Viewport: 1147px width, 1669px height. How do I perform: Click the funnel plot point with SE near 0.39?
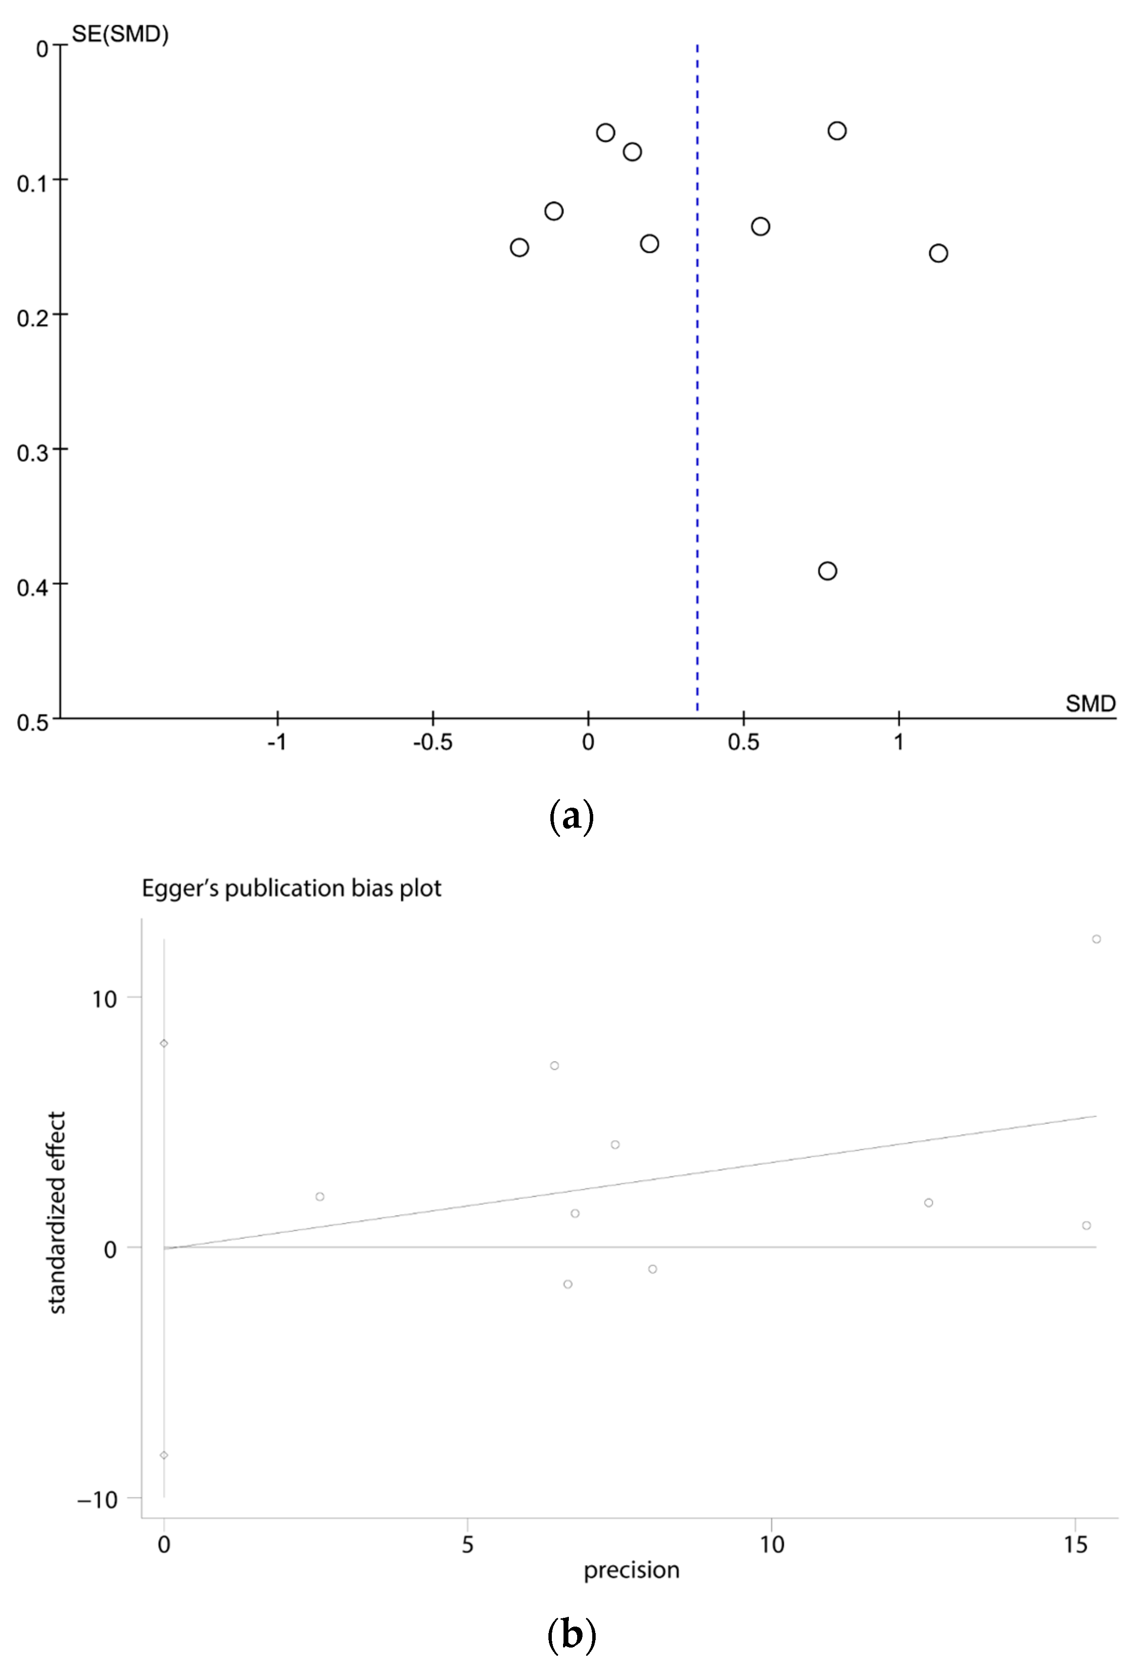tap(827, 571)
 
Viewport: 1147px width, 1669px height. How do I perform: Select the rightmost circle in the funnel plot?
tap(938, 253)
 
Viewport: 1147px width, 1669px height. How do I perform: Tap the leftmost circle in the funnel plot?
tap(519, 247)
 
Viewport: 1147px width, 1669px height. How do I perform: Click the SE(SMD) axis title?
tap(120, 34)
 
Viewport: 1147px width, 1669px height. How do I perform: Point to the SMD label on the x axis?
tap(1090, 703)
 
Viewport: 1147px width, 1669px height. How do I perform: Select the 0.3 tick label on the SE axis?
tap(32, 453)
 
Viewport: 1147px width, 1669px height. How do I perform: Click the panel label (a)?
tap(571, 817)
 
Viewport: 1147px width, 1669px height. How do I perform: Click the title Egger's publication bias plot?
tap(291, 889)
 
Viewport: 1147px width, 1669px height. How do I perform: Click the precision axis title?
tap(631, 1570)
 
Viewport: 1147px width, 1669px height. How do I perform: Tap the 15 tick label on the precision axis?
tap(1075, 1544)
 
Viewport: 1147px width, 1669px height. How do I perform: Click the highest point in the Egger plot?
tap(1096, 939)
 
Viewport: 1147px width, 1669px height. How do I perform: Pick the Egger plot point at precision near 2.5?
tap(320, 1197)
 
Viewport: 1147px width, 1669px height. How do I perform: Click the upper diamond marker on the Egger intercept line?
tap(164, 1044)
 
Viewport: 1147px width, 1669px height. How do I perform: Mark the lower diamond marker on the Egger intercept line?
tap(164, 1456)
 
